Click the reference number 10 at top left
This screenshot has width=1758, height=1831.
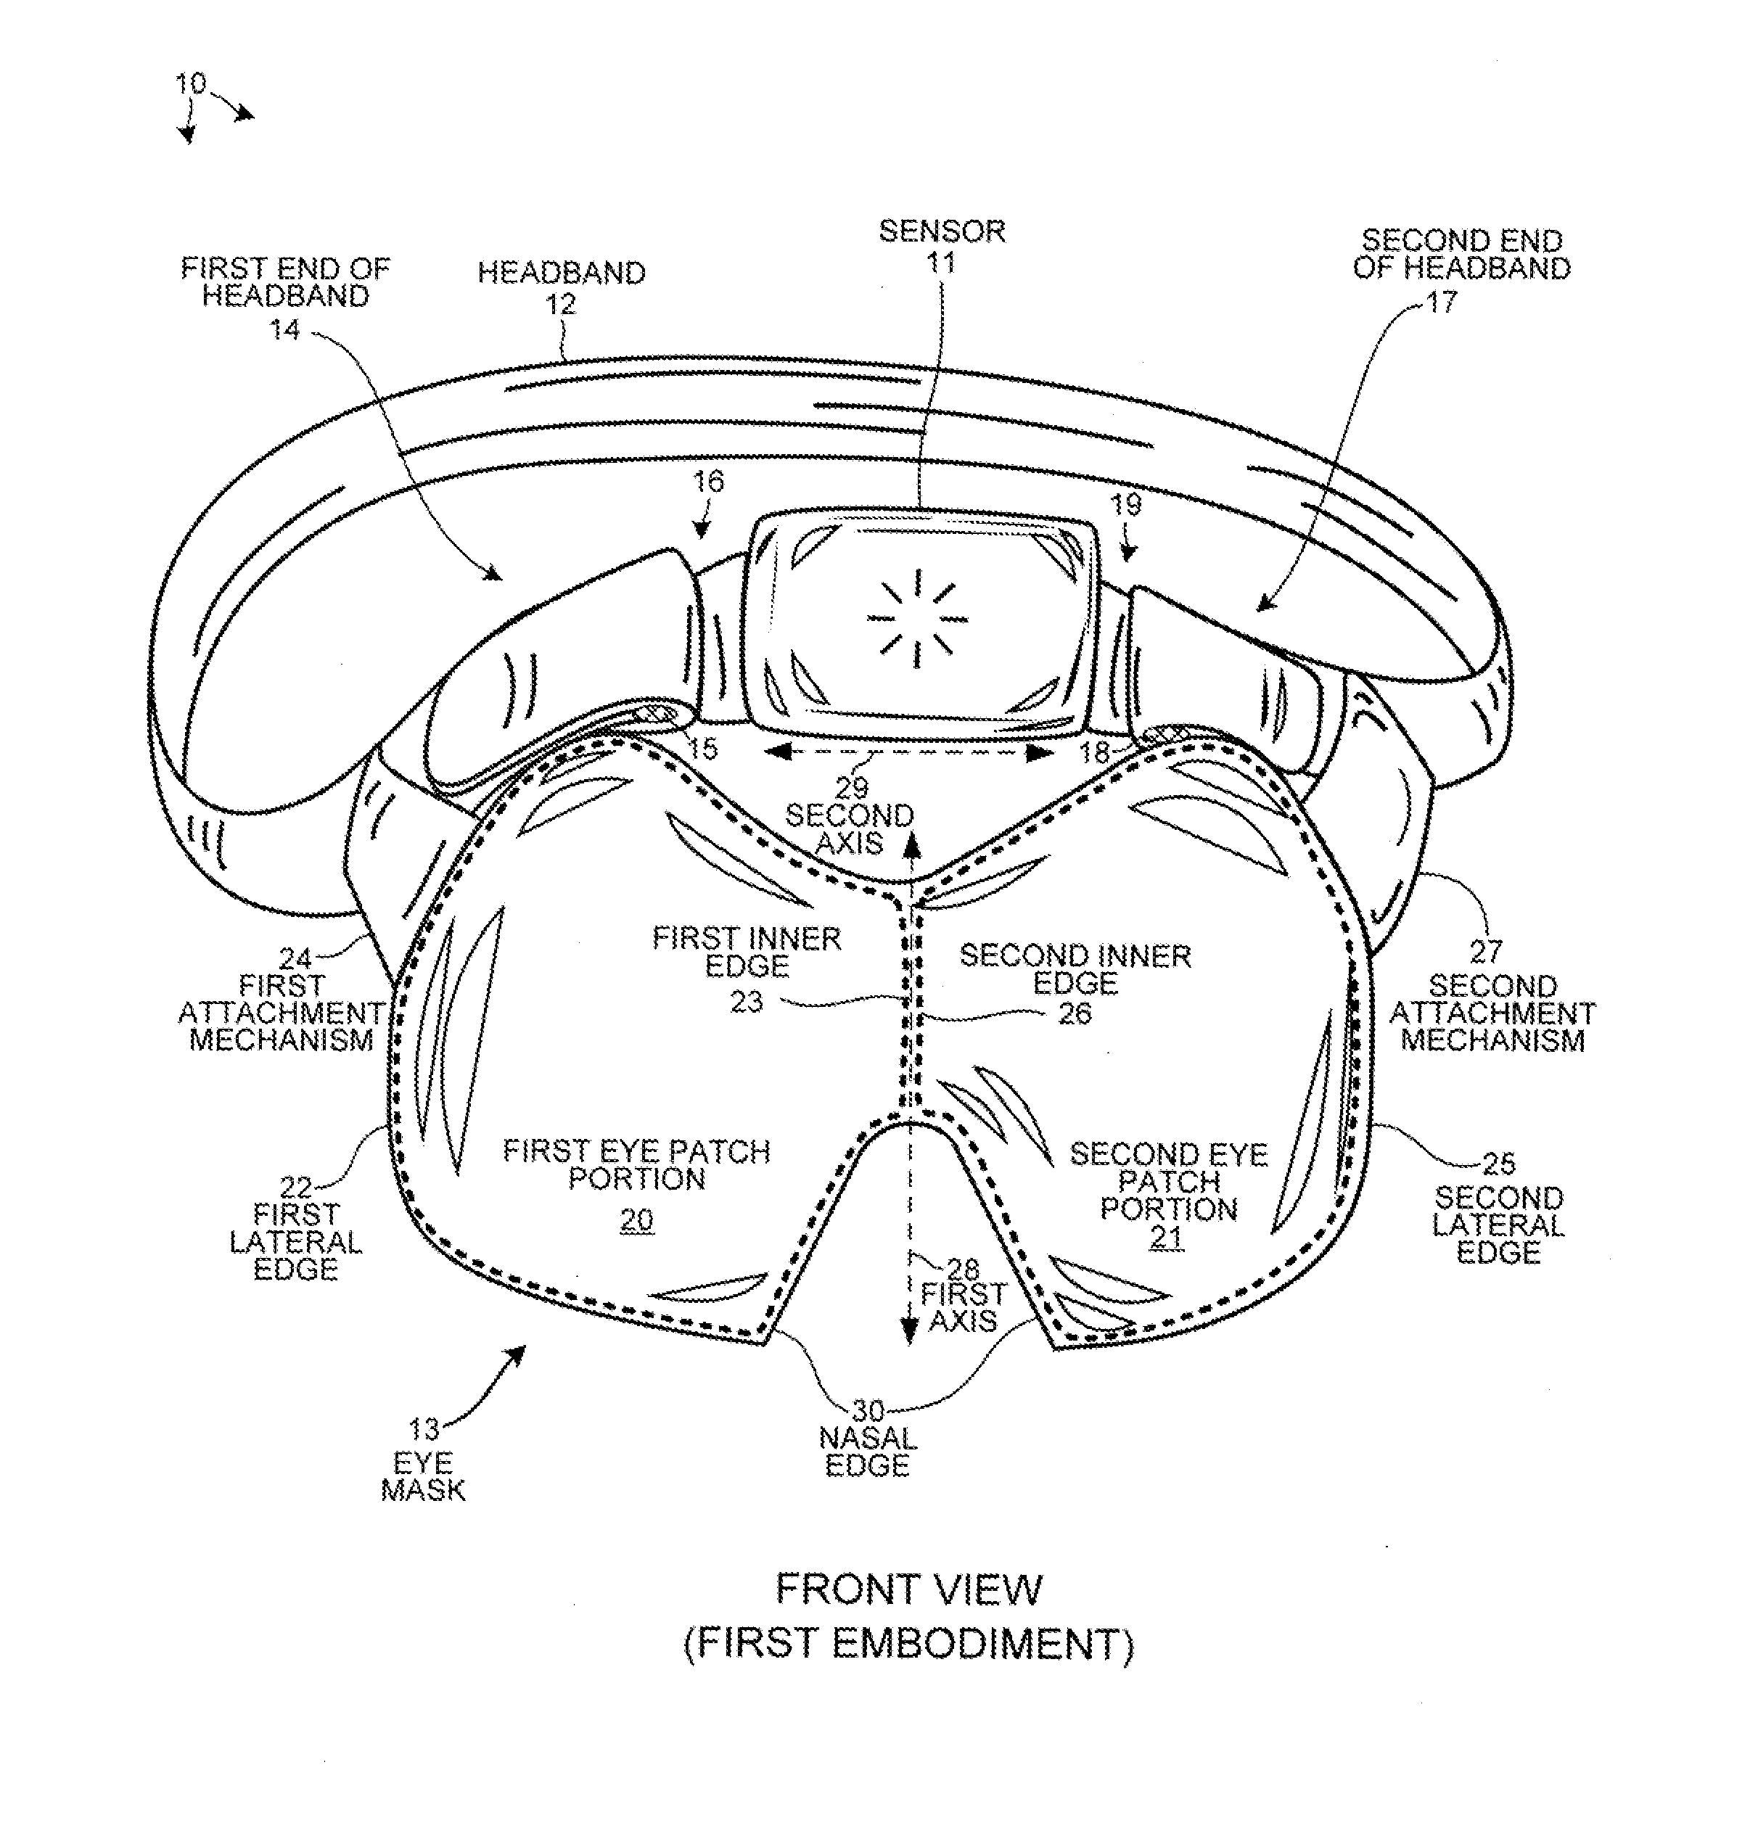191,84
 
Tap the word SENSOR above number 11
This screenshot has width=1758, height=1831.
942,231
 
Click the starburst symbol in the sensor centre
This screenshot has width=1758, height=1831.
917,618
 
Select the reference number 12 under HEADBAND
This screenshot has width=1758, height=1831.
560,305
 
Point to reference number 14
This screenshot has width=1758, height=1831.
285,330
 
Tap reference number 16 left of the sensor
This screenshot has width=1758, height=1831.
708,481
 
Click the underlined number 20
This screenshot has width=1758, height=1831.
637,1220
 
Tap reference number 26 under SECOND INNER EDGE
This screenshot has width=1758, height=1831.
1075,1013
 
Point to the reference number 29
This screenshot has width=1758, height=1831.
851,788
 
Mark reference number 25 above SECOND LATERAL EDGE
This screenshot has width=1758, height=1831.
1498,1163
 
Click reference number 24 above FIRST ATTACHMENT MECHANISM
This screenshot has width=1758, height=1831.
295,958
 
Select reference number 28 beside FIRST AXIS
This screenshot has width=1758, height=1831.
962,1269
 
